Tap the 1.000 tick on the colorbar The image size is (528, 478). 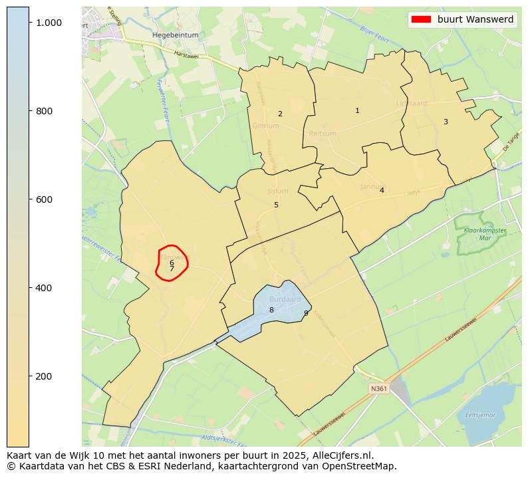49,23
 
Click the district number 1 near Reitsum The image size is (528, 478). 357,110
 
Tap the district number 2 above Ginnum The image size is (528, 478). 280,114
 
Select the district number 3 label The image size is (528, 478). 446,122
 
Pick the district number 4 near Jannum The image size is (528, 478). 382,190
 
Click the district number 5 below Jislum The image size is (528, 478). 276,205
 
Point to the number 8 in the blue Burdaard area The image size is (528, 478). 271,310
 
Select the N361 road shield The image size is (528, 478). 378,388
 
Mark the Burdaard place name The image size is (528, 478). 285,300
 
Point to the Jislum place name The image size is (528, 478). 278,191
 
